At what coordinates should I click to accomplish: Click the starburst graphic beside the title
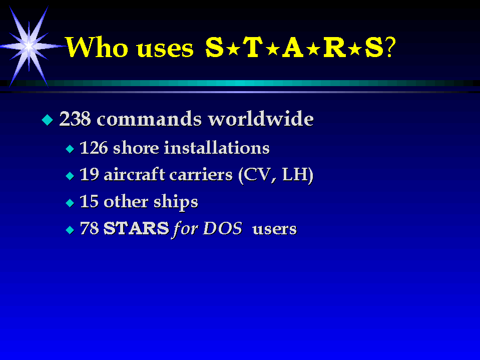click(x=29, y=47)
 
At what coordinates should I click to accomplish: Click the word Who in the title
click(x=97, y=48)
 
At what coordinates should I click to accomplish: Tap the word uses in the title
click(x=165, y=49)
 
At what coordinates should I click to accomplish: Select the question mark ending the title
click(x=390, y=47)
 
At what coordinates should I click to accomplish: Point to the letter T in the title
click(x=254, y=47)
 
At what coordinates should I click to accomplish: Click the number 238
click(x=75, y=119)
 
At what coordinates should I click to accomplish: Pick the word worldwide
click(x=260, y=119)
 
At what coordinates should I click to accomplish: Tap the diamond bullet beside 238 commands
click(x=48, y=120)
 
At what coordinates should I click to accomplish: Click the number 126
click(x=94, y=148)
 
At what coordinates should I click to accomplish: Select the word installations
click(x=217, y=148)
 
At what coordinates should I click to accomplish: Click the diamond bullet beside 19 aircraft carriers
click(x=70, y=176)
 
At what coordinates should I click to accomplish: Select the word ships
click(x=176, y=202)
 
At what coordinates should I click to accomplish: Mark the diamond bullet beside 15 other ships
click(x=70, y=203)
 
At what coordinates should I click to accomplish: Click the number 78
click(x=90, y=228)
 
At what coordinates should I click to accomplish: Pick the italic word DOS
click(x=223, y=228)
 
